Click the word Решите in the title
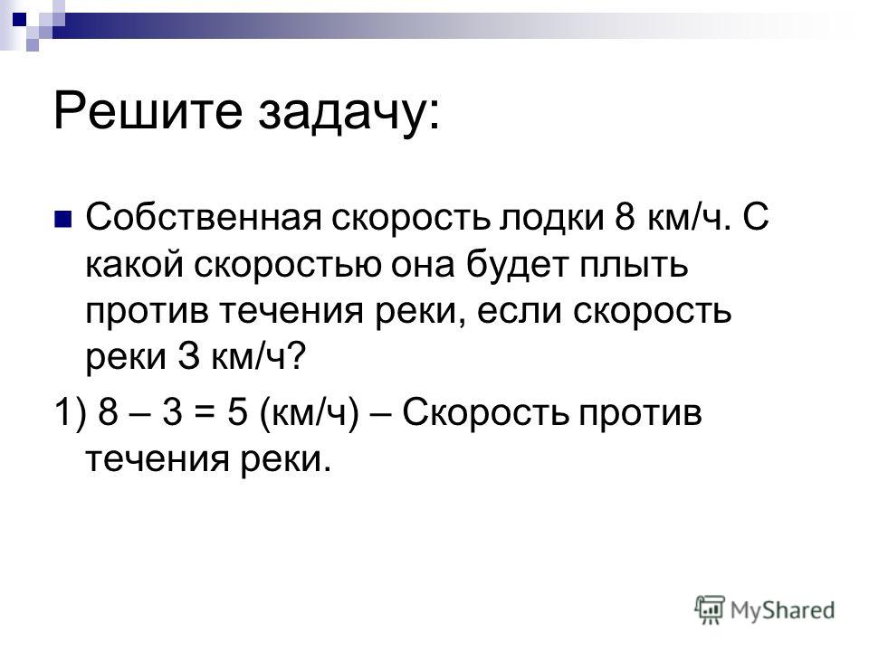click(148, 110)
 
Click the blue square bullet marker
click(63, 219)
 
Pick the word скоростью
click(287, 266)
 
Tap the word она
click(423, 266)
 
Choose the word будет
click(517, 264)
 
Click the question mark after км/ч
click(297, 356)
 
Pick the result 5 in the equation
click(237, 413)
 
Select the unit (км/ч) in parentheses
click(310, 413)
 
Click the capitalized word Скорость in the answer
click(485, 413)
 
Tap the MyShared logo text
click(782, 610)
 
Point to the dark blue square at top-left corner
click(19, 19)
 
